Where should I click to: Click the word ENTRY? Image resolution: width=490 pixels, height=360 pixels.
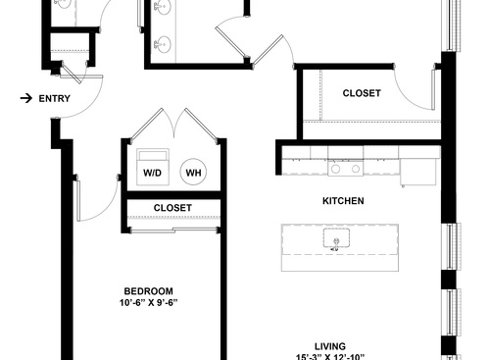tap(54, 98)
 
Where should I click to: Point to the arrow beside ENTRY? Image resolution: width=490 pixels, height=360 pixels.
tap(24, 98)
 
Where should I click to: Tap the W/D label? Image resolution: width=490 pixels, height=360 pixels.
tap(153, 173)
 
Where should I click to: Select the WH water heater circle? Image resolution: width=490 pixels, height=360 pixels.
tap(193, 172)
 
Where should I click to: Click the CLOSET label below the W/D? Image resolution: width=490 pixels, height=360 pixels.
tap(172, 208)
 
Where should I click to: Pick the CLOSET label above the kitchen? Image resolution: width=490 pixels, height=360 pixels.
tap(362, 93)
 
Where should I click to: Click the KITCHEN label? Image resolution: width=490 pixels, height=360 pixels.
tap(343, 201)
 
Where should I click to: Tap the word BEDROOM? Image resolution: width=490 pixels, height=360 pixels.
tap(149, 290)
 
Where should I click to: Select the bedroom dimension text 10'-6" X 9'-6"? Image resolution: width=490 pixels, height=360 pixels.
tap(149, 303)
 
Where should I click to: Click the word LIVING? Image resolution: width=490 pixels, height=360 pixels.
tap(329, 345)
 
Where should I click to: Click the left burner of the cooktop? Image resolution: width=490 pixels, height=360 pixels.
tap(334, 169)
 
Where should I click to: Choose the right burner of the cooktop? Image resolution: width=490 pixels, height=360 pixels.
tap(351, 169)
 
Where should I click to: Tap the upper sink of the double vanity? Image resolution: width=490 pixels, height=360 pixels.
tap(163, 10)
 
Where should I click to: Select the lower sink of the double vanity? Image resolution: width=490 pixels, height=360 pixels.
tap(163, 44)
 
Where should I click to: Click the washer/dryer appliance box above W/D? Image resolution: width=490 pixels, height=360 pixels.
tap(154, 157)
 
